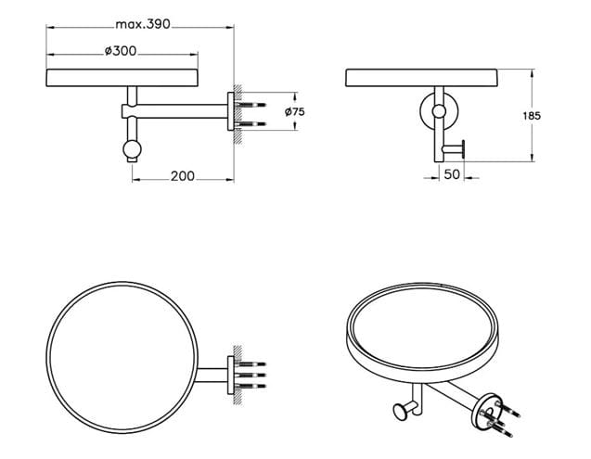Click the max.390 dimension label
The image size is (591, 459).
pyautogui.click(x=143, y=24)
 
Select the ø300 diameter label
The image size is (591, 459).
pyautogui.click(x=121, y=51)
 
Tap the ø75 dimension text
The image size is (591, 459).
pyautogui.click(x=295, y=111)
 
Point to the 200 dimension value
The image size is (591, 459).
pyautogui.click(x=183, y=176)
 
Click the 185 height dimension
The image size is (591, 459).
pyautogui.click(x=532, y=116)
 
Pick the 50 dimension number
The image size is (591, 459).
pyautogui.click(x=452, y=174)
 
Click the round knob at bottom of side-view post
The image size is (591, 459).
pyautogui.click(x=132, y=149)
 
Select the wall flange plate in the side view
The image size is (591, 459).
pyautogui.click(x=231, y=111)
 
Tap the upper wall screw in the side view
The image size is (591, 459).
pyautogui.click(x=251, y=105)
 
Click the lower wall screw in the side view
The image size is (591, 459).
pyautogui.click(x=251, y=124)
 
